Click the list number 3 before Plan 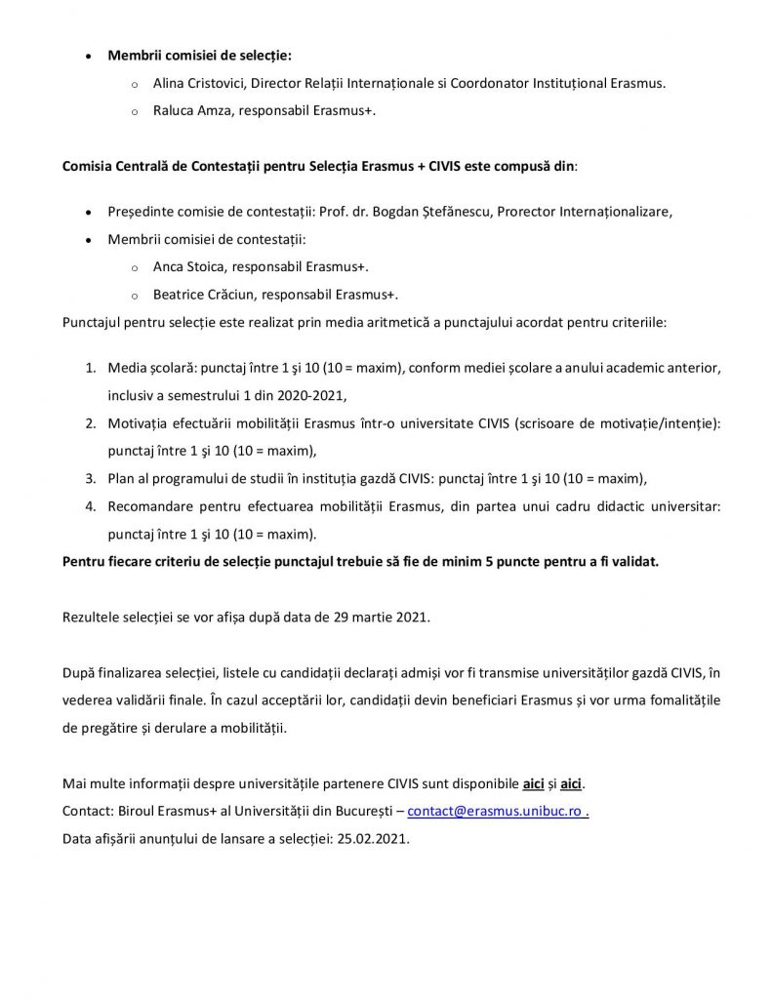point(88,478)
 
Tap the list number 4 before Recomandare point(88,506)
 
